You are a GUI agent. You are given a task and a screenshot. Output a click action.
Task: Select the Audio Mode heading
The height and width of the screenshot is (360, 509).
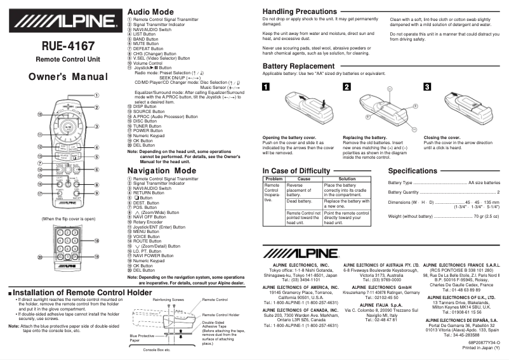coord(150,12)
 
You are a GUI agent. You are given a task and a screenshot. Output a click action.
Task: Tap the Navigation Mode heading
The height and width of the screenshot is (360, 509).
coord(162,171)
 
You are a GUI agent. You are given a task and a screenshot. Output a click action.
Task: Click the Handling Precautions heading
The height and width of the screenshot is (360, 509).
coord(304,12)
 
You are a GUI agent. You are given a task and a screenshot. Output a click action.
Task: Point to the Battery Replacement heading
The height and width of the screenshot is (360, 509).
coord(298,66)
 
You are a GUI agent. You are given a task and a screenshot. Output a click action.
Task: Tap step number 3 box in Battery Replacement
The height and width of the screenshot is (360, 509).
coord(427,87)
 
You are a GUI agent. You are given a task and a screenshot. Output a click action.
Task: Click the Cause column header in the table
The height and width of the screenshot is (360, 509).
coord(303,179)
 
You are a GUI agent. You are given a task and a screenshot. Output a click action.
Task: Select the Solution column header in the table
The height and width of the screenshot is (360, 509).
coord(347,179)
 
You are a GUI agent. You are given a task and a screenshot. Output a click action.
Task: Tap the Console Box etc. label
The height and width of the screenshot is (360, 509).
coord(156,350)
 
